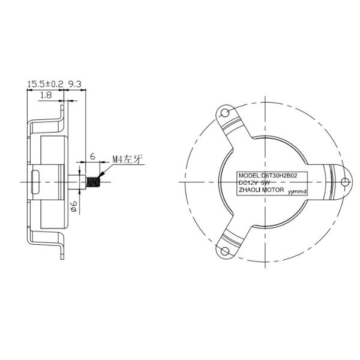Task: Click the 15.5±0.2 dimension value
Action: click(x=46, y=85)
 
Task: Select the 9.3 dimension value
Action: click(x=76, y=85)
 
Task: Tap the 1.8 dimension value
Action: click(x=46, y=95)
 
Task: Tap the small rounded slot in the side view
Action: click(x=37, y=179)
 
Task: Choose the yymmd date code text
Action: click(x=297, y=191)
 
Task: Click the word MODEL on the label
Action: click(x=250, y=175)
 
